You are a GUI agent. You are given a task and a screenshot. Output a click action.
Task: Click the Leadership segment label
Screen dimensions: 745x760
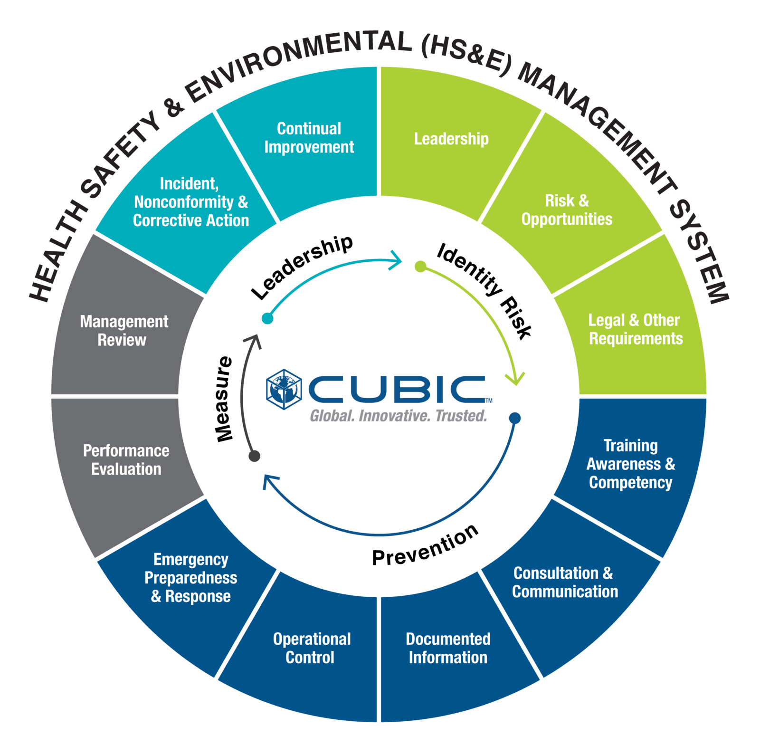coord(451,139)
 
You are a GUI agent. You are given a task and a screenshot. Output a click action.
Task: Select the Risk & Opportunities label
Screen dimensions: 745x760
coord(567,210)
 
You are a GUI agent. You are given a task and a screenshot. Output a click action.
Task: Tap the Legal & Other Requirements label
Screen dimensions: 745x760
coord(635,329)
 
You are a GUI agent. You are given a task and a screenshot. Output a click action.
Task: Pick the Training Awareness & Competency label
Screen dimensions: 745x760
coord(630,464)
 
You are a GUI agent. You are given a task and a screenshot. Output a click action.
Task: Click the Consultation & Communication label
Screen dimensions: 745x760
coord(565,583)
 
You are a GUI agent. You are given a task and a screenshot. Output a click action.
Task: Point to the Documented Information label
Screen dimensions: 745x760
coord(448,648)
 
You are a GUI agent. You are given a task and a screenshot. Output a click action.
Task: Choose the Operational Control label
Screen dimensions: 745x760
coord(311,648)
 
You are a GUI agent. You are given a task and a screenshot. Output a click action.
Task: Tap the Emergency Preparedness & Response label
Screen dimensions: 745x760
coord(191,578)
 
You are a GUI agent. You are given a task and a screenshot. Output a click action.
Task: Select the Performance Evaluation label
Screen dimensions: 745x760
coord(126,460)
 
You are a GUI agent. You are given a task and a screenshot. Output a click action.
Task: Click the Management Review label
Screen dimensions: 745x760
coord(123,331)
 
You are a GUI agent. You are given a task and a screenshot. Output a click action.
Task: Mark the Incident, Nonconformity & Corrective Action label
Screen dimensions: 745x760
coord(191,202)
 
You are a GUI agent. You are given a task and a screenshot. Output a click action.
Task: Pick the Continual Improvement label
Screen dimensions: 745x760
coord(309,138)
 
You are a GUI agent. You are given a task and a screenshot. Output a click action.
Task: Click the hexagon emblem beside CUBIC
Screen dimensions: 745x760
coord(284,389)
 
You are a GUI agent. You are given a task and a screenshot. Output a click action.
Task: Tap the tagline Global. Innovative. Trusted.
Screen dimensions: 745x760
coord(398,416)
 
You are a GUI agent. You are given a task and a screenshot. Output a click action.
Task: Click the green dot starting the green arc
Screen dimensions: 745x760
coord(420,267)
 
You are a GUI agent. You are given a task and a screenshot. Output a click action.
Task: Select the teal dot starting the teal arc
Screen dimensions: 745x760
coord(267,318)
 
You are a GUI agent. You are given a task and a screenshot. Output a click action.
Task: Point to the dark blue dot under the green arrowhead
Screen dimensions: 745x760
coord(515,418)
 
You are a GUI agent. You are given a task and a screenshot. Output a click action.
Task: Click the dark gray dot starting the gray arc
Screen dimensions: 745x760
coord(255,456)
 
